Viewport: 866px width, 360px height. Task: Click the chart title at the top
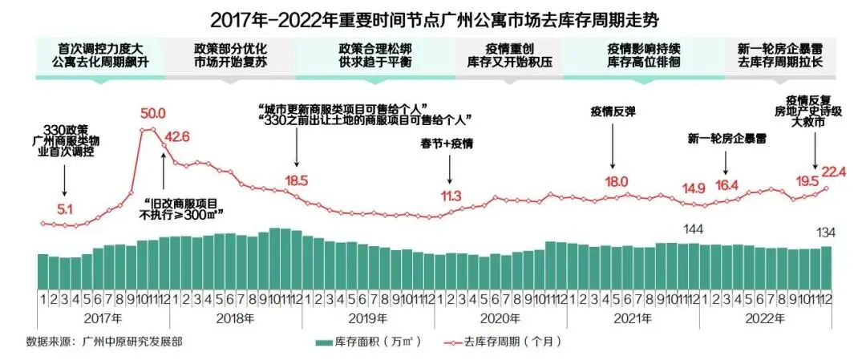433,17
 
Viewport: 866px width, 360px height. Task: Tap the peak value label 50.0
152,113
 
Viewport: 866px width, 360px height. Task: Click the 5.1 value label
65,210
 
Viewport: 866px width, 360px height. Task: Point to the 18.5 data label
296,180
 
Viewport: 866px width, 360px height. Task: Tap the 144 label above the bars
693,231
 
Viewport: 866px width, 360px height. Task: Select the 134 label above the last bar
826,233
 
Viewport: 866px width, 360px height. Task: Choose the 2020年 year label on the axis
500,318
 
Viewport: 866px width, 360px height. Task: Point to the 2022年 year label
764,318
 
